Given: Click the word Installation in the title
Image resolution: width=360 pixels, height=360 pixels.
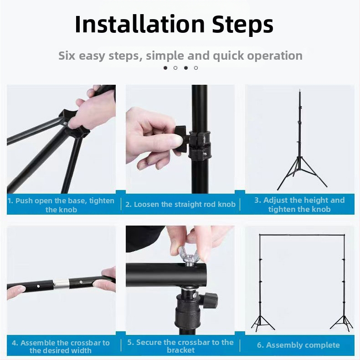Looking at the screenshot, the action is [x=139, y=24].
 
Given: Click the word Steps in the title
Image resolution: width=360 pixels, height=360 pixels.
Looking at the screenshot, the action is [x=242, y=24].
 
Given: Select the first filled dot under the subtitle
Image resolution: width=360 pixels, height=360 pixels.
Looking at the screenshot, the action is [x=165, y=68].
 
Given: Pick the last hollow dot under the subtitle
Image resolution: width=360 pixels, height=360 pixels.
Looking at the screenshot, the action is [x=196, y=68].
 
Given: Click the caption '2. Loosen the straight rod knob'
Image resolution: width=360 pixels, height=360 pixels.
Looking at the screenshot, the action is [x=180, y=204].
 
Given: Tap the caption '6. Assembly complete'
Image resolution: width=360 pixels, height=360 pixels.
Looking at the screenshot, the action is [x=298, y=345].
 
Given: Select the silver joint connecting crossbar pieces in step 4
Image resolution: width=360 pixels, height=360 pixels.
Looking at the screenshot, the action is [x=61, y=283].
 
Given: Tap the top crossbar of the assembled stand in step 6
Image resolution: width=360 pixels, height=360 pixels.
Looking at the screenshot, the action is [x=302, y=235].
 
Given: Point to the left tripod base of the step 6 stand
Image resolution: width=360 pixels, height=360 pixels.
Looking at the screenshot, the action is [x=262, y=323].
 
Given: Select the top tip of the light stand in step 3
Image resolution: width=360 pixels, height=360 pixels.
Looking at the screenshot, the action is [x=299, y=90].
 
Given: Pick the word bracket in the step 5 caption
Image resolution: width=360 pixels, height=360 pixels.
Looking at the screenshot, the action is [x=181, y=350].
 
